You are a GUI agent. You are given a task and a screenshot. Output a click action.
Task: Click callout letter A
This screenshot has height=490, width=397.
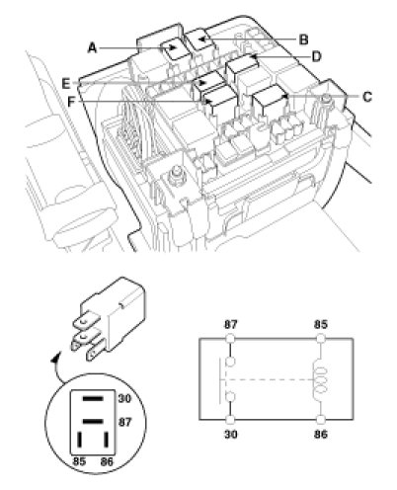[x=92, y=48]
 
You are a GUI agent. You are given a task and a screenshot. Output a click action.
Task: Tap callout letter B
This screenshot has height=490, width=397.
[x=303, y=40]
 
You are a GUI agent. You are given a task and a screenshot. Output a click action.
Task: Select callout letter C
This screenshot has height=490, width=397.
[x=367, y=97]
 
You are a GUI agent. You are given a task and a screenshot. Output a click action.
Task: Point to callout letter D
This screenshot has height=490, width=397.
[x=316, y=56]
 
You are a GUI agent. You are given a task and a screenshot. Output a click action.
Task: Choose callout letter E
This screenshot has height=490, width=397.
[x=66, y=83]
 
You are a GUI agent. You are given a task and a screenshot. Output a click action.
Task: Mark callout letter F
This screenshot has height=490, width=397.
[x=71, y=102]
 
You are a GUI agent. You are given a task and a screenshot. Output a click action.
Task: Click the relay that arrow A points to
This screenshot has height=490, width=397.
[x=174, y=48]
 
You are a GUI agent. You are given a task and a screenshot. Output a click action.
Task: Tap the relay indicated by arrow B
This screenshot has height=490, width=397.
[x=200, y=40]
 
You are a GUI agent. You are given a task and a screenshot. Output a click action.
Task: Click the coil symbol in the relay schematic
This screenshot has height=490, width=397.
[x=321, y=379]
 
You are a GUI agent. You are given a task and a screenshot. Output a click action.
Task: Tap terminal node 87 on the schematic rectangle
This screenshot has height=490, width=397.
[x=230, y=338]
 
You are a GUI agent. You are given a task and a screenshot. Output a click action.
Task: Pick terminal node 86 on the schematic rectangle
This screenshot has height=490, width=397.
[x=320, y=419]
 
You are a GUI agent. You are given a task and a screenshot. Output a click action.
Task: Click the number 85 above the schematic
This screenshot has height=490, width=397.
[x=320, y=325]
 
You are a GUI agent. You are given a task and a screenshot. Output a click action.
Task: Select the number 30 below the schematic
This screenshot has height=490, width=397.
[x=230, y=435]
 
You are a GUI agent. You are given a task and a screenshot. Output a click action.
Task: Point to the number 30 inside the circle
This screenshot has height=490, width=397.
[x=124, y=398]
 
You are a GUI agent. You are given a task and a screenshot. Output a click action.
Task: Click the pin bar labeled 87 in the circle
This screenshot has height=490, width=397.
[x=93, y=422]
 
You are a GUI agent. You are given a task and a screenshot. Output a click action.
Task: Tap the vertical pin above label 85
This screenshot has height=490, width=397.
[x=80, y=440]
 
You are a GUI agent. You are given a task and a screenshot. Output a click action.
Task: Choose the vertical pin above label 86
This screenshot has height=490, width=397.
[x=106, y=440]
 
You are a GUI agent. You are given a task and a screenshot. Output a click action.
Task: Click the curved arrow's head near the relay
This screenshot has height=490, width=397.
[x=56, y=358]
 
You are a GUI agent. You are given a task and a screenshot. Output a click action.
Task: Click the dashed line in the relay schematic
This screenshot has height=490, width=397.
[x=268, y=379]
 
